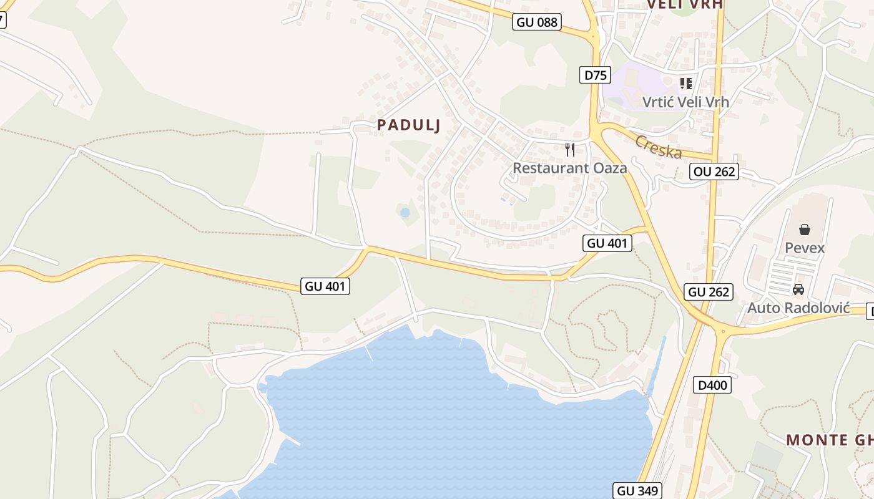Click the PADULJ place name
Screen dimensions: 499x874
(x=409, y=125)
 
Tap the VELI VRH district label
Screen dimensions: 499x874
(x=684, y=4)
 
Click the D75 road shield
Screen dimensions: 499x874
(x=595, y=75)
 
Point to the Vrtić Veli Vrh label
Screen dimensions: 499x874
(x=685, y=102)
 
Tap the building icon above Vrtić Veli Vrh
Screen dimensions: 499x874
(x=686, y=83)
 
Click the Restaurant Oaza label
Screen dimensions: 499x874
(x=569, y=168)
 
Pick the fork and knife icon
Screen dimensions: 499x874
(x=569, y=150)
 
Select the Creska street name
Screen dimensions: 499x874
(x=658, y=147)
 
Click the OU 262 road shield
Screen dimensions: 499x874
(x=714, y=172)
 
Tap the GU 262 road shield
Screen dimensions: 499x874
(x=709, y=292)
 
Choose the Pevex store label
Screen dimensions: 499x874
(x=805, y=248)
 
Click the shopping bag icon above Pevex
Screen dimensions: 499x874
(x=805, y=230)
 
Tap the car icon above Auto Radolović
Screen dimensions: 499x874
(x=798, y=289)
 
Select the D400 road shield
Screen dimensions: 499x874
(x=712, y=385)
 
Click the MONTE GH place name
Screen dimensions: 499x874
(x=830, y=440)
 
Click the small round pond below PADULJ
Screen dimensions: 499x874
(x=405, y=213)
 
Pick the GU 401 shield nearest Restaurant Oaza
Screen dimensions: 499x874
(x=607, y=243)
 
